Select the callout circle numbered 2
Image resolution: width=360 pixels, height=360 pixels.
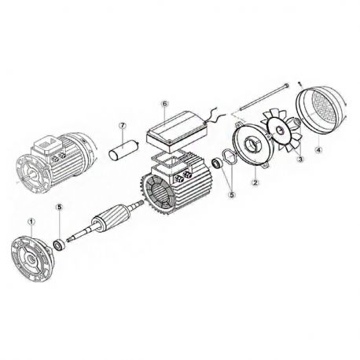point(255,182)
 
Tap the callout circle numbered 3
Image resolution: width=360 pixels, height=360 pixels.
point(299,158)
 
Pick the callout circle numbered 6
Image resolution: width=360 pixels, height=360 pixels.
point(165,103)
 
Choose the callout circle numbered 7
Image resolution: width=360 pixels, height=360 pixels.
point(123,125)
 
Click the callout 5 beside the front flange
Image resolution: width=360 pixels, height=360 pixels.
point(59,207)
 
